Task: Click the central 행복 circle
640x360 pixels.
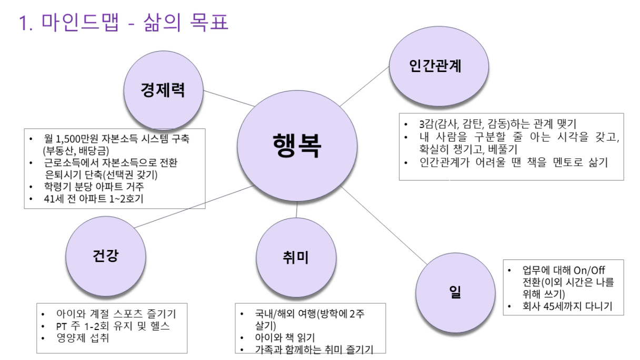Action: [297, 146]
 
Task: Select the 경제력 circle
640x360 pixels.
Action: [164, 91]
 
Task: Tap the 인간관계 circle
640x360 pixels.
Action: [439, 66]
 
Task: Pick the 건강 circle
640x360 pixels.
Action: [106, 256]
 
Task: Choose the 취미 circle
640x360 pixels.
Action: [296, 257]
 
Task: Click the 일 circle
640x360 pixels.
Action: [455, 293]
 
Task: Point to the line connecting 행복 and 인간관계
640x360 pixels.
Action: [364, 86]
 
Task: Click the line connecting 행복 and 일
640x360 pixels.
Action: [384, 225]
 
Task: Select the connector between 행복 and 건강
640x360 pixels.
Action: [194, 206]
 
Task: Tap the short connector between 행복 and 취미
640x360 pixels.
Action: [296, 209]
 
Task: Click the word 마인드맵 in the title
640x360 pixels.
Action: [80, 22]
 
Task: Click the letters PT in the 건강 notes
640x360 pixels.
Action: [62, 326]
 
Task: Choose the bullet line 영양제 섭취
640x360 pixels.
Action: [83, 338]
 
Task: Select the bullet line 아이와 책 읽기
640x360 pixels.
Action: [285, 338]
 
